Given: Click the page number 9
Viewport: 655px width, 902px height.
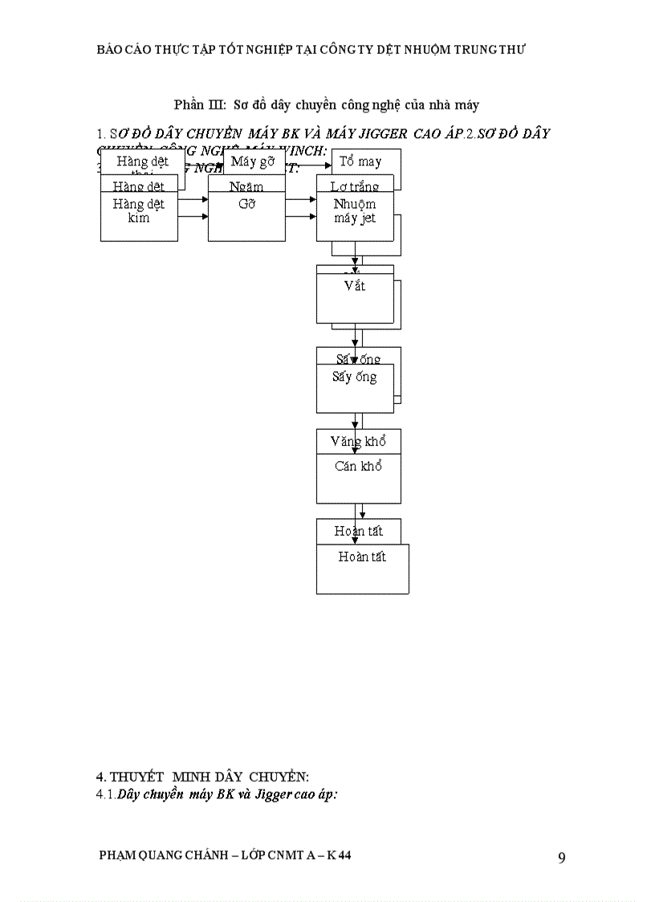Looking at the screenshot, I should coord(562,858).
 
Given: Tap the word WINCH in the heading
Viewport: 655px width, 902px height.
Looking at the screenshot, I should coord(307,150).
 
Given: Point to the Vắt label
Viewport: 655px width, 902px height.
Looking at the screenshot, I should coord(355,285).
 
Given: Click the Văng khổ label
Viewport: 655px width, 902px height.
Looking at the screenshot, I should coord(358,441).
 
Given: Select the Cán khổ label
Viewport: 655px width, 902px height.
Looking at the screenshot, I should coord(358,466).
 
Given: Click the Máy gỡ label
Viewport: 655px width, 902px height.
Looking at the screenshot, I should coord(253,162).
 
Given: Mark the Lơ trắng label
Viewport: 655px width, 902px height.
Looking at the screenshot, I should coord(355,186).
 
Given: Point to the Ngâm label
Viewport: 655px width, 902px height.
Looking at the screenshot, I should coord(246,186).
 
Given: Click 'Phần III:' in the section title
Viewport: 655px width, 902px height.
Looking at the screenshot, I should coord(199,104).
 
